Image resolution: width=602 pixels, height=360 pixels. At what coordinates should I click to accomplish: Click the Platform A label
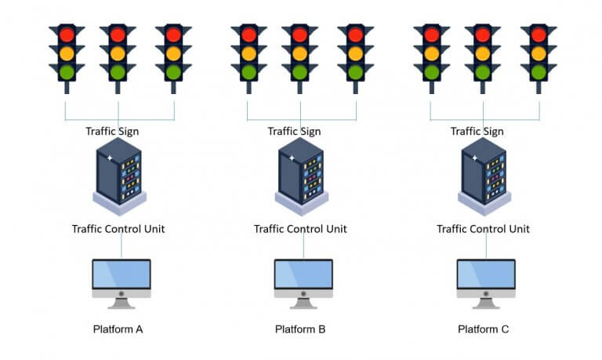pos(118,329)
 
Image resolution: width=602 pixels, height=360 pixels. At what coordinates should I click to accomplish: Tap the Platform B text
pos(300,329)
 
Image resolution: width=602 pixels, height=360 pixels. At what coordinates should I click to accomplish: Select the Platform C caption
pos(484,329)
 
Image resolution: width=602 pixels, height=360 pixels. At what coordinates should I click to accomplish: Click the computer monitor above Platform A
pos(121,275)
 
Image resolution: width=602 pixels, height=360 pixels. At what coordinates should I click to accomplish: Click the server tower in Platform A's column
pos(118,173)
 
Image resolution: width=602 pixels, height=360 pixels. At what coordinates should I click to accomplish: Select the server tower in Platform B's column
pos(300,173)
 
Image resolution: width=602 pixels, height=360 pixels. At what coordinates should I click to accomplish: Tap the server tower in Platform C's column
pos(483,173)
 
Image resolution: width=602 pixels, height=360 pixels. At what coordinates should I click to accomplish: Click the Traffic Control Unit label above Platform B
pos(300,229)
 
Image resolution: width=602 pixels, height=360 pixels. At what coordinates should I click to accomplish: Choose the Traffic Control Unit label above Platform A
pos(118,229)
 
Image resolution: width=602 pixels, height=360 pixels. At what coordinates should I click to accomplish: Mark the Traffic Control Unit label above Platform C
pos(483,229)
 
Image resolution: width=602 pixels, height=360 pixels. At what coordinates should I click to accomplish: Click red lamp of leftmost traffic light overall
pos(65,35)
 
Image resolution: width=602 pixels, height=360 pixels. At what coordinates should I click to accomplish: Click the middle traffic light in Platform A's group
pos(118,54)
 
